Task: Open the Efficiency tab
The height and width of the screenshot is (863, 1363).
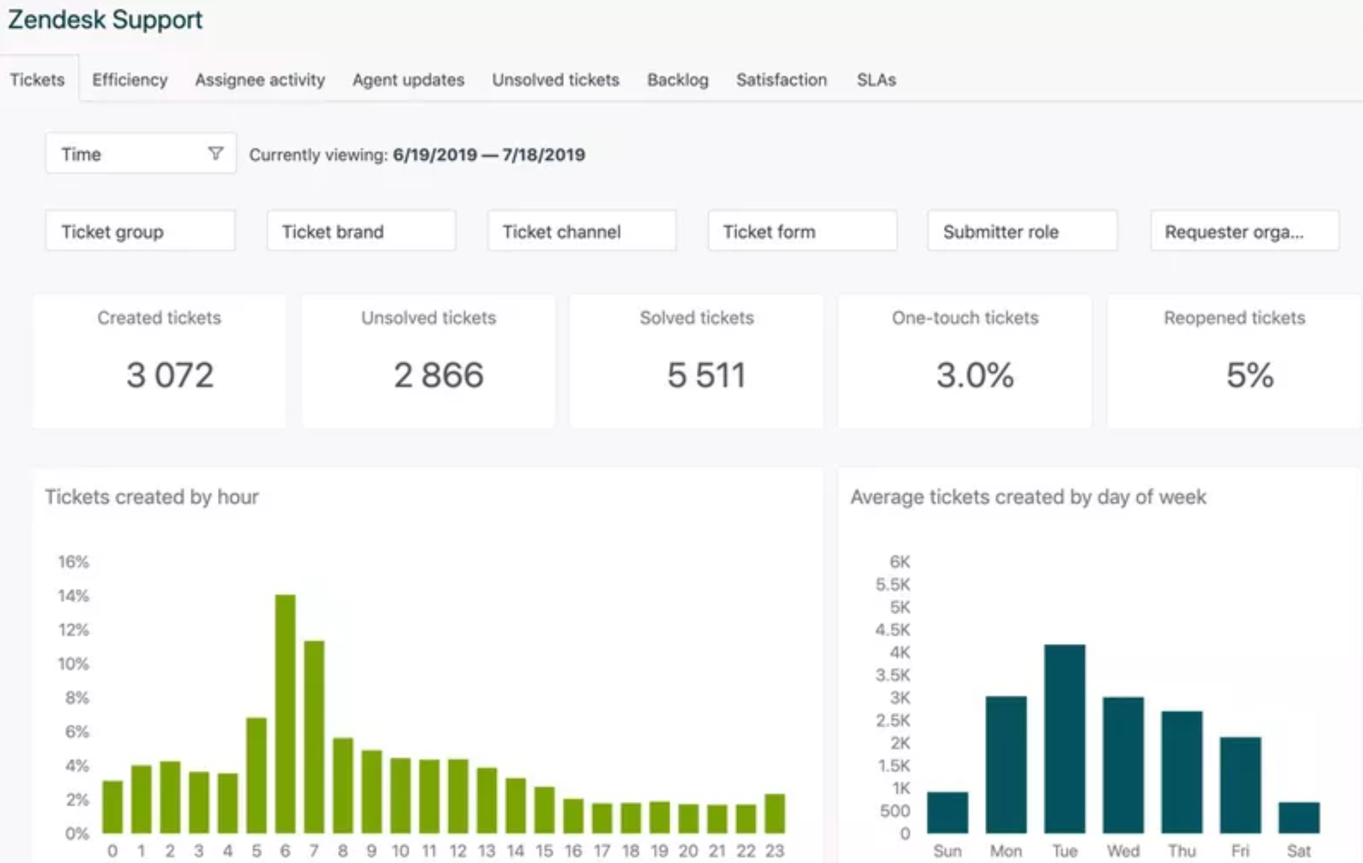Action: (129, 80)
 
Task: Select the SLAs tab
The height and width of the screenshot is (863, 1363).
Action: (876, 80)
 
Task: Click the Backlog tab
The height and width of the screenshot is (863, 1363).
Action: (677, 80)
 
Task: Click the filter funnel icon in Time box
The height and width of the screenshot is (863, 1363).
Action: (215, 153)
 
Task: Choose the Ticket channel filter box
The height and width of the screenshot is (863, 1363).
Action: (581, 231)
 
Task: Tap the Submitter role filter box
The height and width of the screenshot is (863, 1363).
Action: (1022, 231)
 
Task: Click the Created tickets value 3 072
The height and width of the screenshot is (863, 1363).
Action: (170, 374)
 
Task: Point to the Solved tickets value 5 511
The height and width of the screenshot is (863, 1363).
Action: (706, 374)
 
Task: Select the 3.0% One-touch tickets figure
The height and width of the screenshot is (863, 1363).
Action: (975, 374)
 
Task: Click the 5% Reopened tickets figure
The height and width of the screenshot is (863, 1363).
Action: (1250, 374)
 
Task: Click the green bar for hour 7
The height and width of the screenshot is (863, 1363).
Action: (314, 737)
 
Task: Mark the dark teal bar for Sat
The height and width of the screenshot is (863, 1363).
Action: (1299, 817)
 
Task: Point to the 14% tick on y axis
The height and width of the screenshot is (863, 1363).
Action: (73, 595)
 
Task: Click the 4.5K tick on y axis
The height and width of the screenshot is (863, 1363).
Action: (892, 629)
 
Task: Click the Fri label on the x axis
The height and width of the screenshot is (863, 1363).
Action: (1240, 851)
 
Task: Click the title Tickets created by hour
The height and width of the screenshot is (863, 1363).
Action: (152, 496)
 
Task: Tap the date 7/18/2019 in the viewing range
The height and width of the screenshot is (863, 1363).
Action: (543, 155)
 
